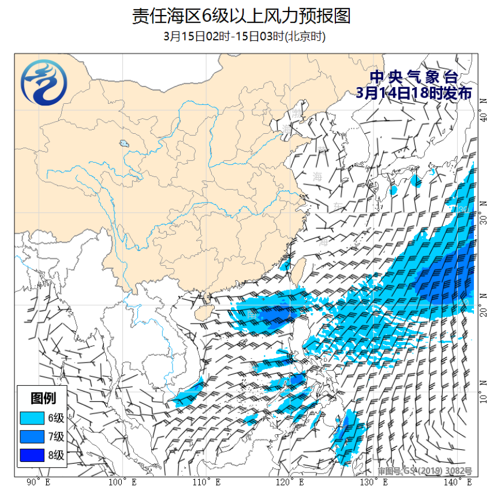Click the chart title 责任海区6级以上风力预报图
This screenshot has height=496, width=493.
point(241,16)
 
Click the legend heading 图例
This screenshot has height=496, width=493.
point(42,398)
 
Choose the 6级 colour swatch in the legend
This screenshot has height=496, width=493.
point(31,418)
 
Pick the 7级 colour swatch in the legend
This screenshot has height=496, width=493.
point(31,437)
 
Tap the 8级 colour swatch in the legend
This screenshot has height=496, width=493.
point(31,456)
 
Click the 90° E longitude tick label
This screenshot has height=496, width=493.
point(39,482)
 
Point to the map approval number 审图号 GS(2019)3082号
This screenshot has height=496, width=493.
point(424,471)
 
